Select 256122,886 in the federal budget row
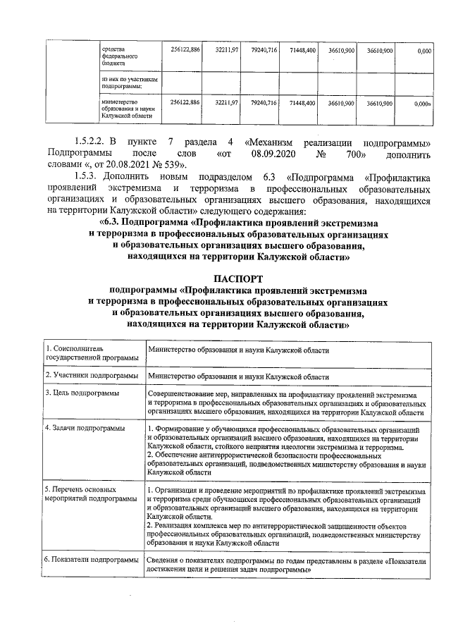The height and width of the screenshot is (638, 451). (x=186, y=51)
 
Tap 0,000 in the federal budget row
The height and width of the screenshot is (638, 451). (x=424, y=51)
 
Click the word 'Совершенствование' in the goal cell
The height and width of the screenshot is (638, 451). (x=180, y=393)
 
